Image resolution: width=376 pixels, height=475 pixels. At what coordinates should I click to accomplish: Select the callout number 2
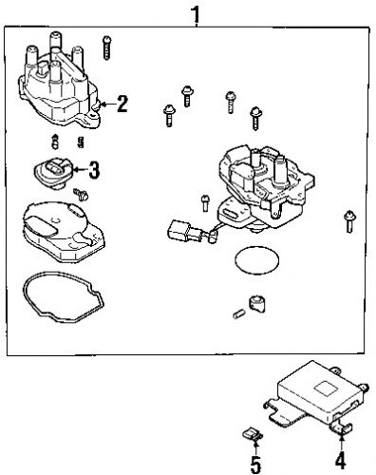pyautogui.click(x=122, y=104)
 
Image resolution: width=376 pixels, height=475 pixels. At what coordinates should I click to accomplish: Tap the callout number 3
pyautogui.click(x=93, y=172)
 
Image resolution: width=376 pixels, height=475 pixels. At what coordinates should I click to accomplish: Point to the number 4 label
pyautogui.click(x=339, y=465)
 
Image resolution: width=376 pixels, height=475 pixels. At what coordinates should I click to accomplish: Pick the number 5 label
pyautogui.click(x=255, y=465)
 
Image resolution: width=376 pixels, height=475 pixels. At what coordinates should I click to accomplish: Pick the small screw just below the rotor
pyautogui.click(x=80, y=195)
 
